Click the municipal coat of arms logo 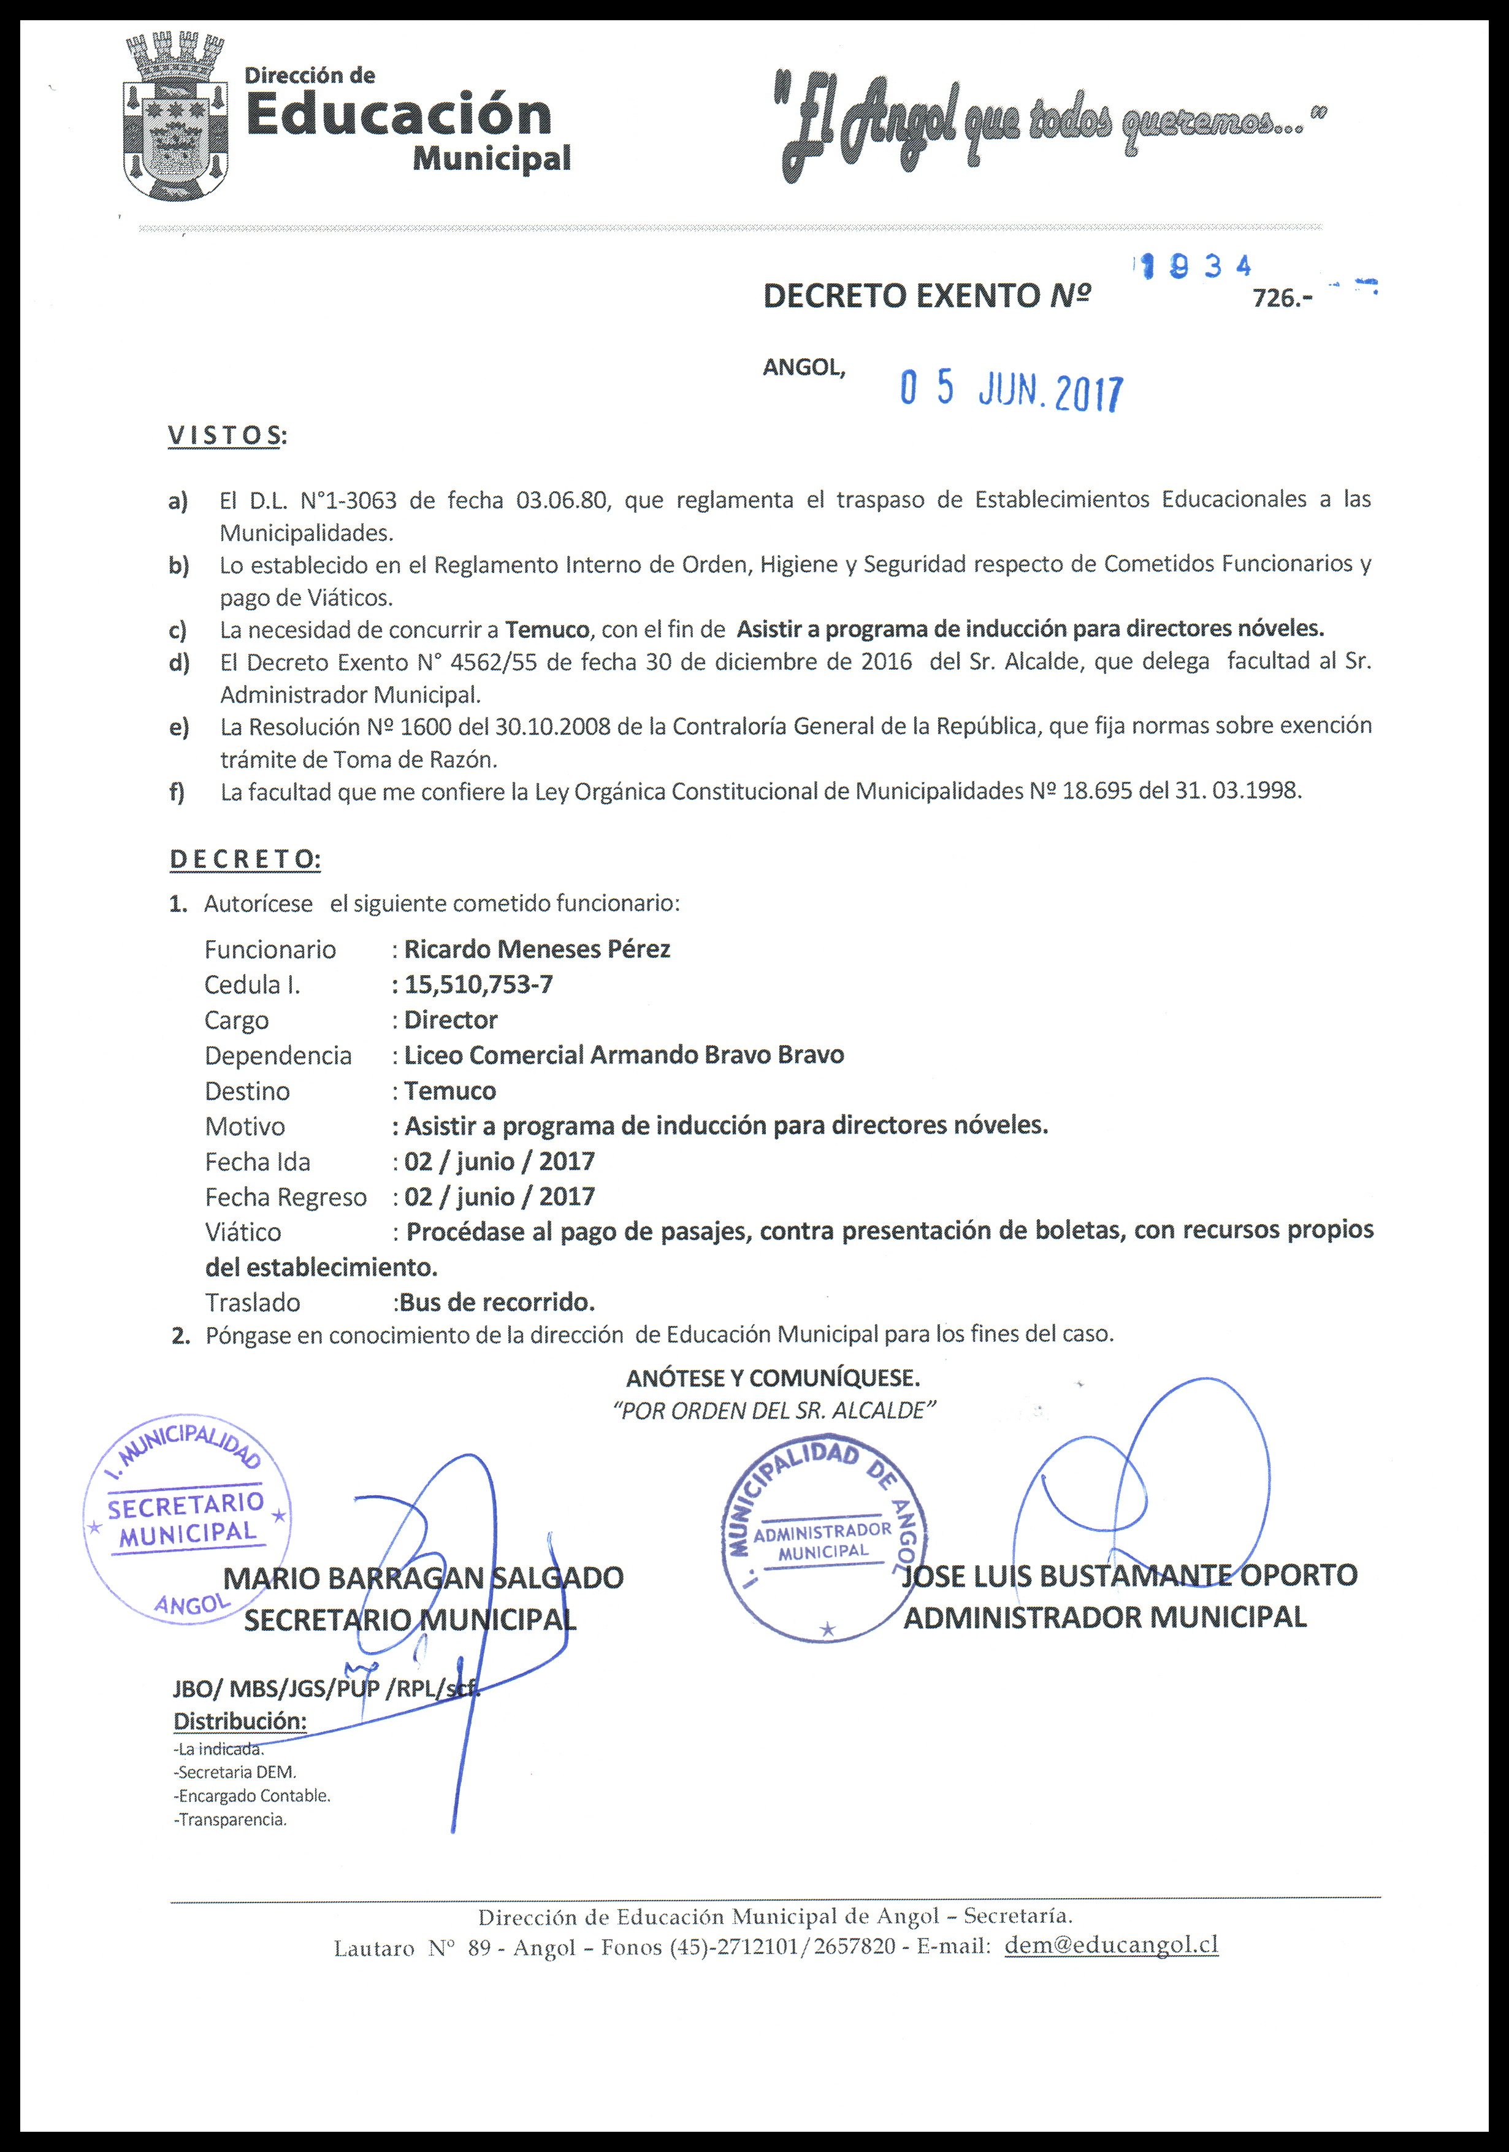(176, 117)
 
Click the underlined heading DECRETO (243, 859)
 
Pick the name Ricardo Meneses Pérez (537, 949)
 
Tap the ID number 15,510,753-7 (479, 984)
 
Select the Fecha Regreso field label (286, 1197)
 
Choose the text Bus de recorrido (497, 1302)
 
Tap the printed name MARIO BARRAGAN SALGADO (424, 1577)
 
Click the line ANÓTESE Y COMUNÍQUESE (773, 1379)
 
